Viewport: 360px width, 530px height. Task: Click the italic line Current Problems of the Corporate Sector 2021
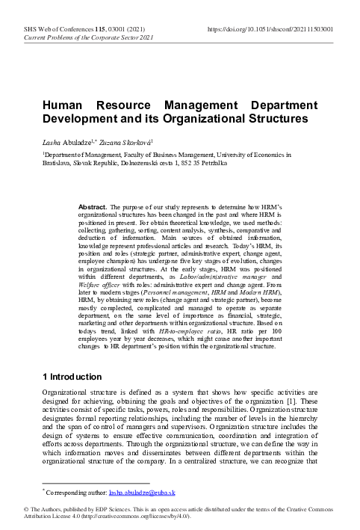(89, 37)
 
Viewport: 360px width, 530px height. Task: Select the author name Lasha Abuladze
(72, 141)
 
